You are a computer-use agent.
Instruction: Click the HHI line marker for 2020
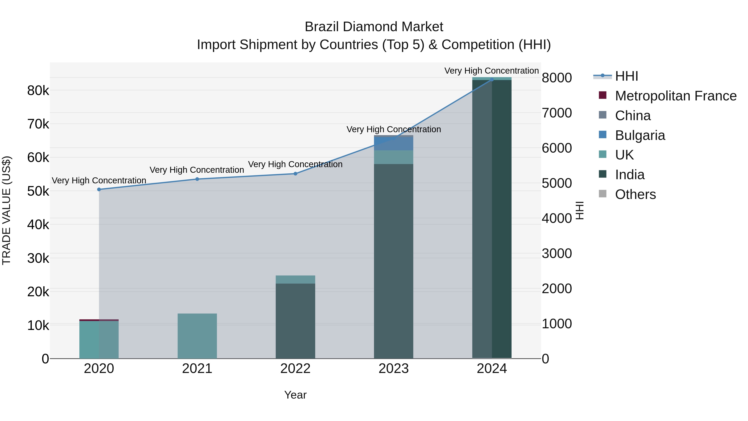pos(99,189)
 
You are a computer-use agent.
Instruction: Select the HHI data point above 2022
pos(295,174)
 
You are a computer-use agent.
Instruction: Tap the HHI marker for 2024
pos(492,80)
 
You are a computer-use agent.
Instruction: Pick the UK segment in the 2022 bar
pos(295,279)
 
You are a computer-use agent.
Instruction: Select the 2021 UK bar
pos(197,336)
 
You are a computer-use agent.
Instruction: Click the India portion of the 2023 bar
pos(394,262)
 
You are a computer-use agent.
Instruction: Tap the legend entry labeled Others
pos(635,194)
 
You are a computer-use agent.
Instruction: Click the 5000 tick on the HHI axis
pos(557,183)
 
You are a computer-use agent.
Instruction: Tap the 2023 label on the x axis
pos(394,369)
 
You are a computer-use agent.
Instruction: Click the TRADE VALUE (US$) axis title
pos(6,210)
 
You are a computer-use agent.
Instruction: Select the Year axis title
pos(295,395)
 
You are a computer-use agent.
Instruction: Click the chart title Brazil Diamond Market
pos(374,27)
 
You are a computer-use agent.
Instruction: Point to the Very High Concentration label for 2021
pos(197,170)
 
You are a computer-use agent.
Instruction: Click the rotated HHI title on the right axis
pos(579,210)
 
